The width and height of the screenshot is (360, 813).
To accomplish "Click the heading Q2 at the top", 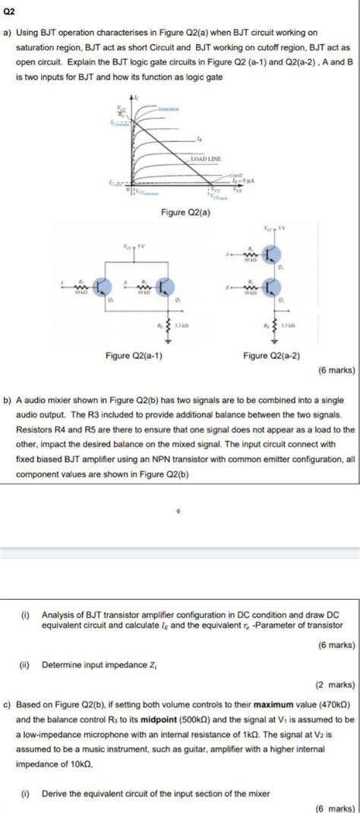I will tap(11, 11).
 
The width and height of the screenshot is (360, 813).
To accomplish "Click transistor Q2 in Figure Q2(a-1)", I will tap(166, 285).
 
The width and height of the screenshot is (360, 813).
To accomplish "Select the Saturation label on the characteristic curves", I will tap(169, 111).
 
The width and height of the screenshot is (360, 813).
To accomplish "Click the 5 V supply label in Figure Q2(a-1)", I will tap(141, 247).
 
